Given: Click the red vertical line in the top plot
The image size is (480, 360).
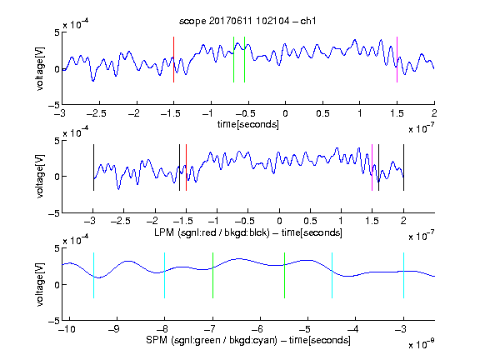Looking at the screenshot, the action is pos(174,59).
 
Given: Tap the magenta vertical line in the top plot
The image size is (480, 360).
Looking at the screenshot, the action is pos(397,59).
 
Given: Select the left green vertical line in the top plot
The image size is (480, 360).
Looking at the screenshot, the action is pos(233,59).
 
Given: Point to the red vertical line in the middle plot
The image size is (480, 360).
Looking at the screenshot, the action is pos(186,167).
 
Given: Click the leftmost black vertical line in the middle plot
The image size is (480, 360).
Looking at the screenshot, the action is pos(93,167).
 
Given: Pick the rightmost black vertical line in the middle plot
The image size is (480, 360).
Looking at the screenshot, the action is pos(404,167).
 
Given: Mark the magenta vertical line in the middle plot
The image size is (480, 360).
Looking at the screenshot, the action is pos(372,167).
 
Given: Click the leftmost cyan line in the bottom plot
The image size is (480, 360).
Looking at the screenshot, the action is pos(93,275).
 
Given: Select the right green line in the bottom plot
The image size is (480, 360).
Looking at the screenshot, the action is pos(285,275).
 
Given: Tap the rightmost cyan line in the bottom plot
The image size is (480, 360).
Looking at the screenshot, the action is pos(404,275).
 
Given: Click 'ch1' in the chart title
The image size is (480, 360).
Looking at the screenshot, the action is pos(308,21).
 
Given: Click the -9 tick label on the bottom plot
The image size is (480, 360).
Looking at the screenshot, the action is pos(114,329).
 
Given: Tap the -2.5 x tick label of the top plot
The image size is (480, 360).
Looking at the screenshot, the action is pos(97,113).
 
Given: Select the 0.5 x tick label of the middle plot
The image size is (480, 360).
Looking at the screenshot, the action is pos(310,221).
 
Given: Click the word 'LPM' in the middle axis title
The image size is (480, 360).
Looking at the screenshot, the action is pos(164,232).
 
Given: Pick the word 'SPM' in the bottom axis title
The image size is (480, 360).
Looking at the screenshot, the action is pos(157,340).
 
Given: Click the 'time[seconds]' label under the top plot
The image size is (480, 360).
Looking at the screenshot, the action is pos(248,124).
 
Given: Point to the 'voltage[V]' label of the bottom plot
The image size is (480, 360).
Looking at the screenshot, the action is pos(40,284).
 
